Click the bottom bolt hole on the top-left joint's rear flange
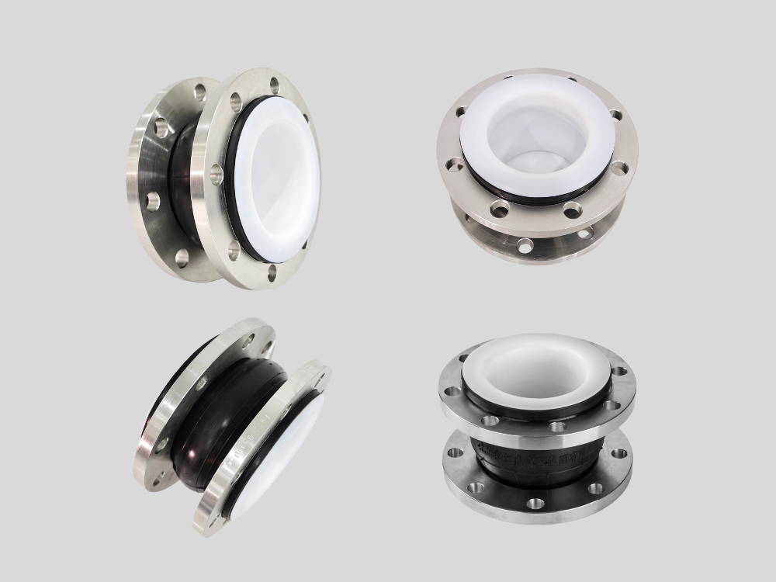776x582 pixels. (x=182, y=258)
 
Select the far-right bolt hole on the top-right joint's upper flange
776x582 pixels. (x=616, y=116)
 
